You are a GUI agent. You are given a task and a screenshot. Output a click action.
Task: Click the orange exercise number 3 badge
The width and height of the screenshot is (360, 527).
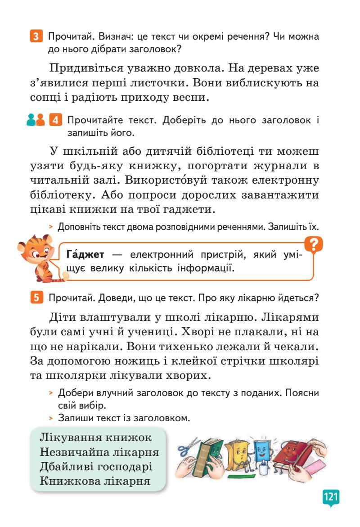[x=36, y=36]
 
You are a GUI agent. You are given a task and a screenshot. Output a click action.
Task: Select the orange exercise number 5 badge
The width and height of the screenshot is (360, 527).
[x=36, y=297]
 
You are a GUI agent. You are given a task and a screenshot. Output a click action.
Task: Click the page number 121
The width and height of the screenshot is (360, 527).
[x=330, y=497]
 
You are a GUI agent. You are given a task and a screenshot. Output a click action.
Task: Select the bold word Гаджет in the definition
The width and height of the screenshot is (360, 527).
[x=85, y=255]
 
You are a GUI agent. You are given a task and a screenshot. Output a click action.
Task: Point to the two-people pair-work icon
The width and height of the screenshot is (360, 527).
[x=36, y=121]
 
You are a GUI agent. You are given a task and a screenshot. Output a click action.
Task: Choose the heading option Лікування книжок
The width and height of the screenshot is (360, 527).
[x=96, y=437]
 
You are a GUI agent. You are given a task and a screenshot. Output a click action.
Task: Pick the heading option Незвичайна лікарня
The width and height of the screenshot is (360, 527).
[x=99, y=452]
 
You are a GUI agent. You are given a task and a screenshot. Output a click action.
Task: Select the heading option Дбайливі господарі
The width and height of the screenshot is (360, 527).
[x=96, y=466]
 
